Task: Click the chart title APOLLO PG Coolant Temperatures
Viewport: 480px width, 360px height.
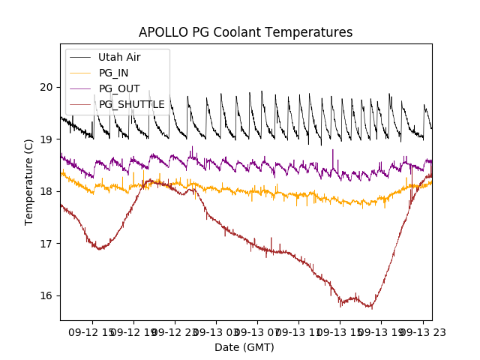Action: click(x=245, y=32)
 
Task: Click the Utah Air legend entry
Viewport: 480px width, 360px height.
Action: click(x=119, y=57)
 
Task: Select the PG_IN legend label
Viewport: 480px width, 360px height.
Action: click(x=113, y=73)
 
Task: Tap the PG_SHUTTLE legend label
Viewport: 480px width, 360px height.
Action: click(x=131, y=104)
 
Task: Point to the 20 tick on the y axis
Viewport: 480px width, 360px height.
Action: click(x=47, y=87)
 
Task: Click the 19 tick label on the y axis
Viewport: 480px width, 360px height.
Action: click(x=47, y=139)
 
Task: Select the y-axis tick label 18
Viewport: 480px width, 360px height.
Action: click(x=47, y=191)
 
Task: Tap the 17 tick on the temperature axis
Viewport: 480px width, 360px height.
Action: click(x=47, y=243)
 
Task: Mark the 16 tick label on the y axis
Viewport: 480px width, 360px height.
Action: click(x=47, y=295)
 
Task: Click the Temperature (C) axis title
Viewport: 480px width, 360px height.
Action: click(x=29, y=181)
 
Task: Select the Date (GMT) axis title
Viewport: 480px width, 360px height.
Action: click(x=244, y=347)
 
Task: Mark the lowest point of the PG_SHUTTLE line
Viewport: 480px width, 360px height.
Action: click(x=370, y=307)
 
